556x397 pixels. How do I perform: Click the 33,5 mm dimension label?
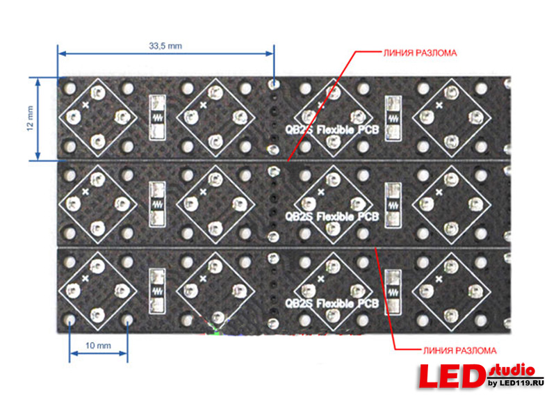[x=165, y=46]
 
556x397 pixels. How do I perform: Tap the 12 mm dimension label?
[x=30, y=118]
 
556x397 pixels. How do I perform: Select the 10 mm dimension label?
[x=98, y=345]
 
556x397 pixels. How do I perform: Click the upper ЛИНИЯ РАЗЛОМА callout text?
[x=420, y=53]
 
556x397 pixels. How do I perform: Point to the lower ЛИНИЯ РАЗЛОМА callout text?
[x=459, y=350]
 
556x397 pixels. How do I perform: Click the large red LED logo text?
[x=452, y=376]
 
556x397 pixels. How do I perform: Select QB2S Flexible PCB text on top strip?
[x=332, y=129]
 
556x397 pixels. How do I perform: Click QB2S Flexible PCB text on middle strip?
[x=332, y=216]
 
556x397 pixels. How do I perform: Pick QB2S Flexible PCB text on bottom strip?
[x=332, y=303]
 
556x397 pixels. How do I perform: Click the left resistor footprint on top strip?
[x=157, y=118]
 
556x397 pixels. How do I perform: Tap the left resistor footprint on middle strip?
[x=157, y=204]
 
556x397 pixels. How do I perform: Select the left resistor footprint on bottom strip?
[x=157, y=291]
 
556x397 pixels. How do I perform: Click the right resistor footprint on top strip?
[x=393, y=118]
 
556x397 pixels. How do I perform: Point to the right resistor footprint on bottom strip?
[x=393, y=291]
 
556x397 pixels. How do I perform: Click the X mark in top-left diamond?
[x=85, y=105]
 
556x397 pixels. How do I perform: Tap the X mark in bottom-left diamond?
[x=85, y=279]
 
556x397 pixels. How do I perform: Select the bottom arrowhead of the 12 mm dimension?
[x=38, y=156]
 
